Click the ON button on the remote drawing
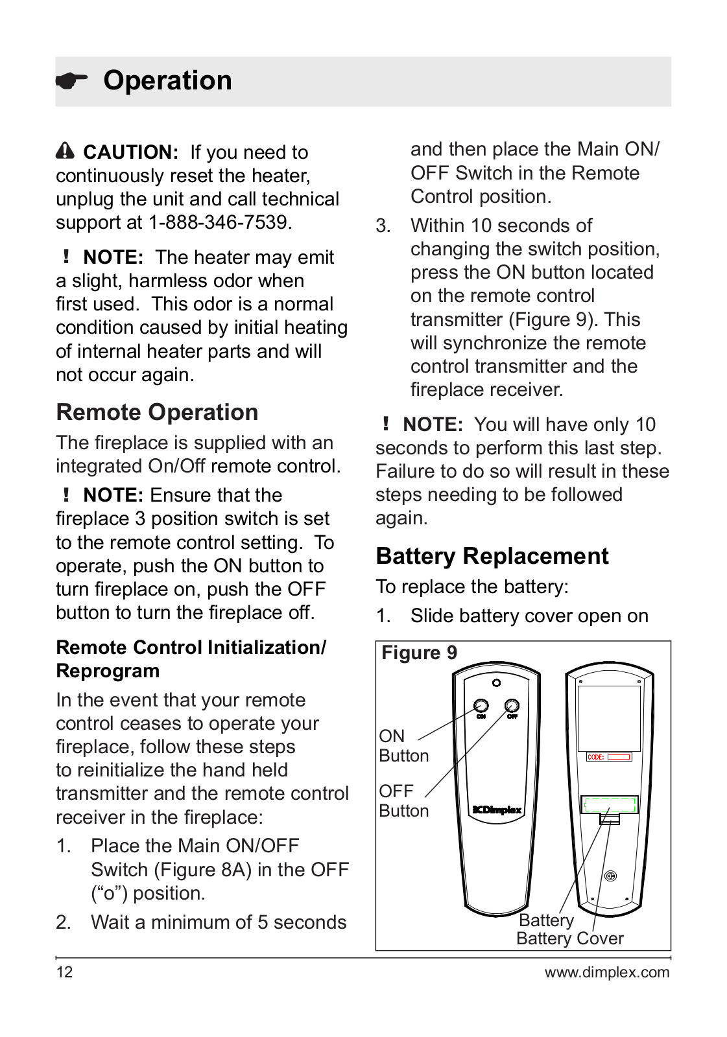(x=481, y=705)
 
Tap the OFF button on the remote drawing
(x=512, y=705)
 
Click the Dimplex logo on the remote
(x=497, y=810)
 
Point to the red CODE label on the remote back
(x=608, y=756)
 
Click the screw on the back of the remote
(x=610, y=876)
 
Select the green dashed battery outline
(x=609, y=805)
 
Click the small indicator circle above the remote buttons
(x=496, y=682)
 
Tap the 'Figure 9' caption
(x=419, y=653)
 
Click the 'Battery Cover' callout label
(x=569, y=938)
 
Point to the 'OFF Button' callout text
(x=403, y=800)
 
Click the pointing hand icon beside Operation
(x=71, y=81)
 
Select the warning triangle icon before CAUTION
(x=65, y=151)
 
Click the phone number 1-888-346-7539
(x=220, y=222)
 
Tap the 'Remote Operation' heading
(x=157, y=412)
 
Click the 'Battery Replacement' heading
(x=492, y=556)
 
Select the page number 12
(x=64, y=972)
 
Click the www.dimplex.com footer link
(x=606, y=972)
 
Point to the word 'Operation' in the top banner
(x=167, y=80)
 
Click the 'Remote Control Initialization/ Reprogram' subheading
(x=191, y=658)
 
